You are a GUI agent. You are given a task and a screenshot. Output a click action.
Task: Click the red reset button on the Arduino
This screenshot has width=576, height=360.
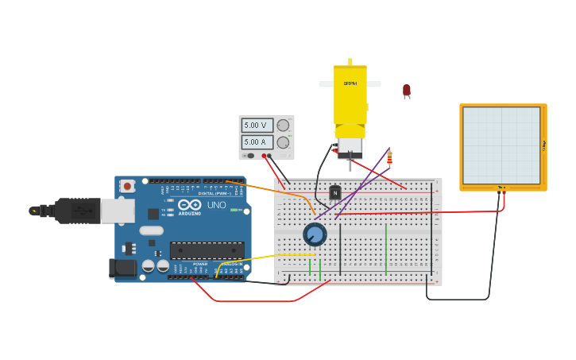(x=127, y=186)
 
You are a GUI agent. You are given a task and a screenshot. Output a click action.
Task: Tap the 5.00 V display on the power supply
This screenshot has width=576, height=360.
(x=256, y=126)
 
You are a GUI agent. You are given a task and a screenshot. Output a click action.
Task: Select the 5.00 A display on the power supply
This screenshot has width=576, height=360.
(x=256, y=142)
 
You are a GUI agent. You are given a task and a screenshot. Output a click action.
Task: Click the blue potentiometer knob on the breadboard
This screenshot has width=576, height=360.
(x=315, y=234)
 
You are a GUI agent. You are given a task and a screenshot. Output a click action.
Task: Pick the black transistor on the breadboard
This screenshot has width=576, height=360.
(x=335, y=192)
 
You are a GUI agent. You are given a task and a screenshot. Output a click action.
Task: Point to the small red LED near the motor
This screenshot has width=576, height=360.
(x=407, y=91)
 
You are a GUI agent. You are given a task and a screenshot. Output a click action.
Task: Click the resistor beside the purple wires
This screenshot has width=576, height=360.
(x=389, y=157)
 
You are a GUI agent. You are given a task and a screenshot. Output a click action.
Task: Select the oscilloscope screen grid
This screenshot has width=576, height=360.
(x=502, y=145)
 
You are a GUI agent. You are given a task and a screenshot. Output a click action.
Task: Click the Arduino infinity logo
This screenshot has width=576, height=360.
(x=189, y=205)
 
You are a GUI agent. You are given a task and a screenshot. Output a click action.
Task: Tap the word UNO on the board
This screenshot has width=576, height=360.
(x=217, y=205)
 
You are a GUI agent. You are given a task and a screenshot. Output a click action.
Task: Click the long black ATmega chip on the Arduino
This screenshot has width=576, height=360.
(x=207, y=250)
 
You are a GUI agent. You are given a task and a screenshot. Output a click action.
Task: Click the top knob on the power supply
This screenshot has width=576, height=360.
(x=283, y=126)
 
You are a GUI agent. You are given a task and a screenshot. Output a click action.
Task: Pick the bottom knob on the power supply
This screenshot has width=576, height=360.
(x=283, y=142)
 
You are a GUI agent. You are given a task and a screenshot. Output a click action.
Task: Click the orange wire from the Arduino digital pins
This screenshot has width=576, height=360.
(x=270, y=189)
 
